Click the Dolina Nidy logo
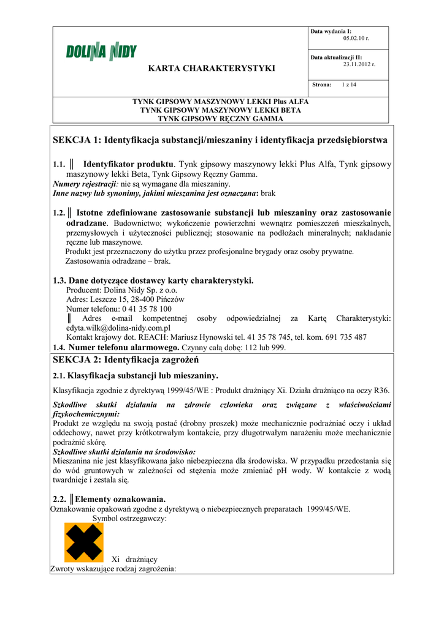pyautogui.click(x=101, y=53)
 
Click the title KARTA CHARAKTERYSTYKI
pyautogui.click(x=212, y=68)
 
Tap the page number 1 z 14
pyautogui.click(x=349, y=84)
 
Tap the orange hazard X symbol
pyautogui.click(x=84, y=543)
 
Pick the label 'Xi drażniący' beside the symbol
pyautogui.click(x=134, y=560)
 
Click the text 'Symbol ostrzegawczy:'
pyautogui.click(x=129, y=518)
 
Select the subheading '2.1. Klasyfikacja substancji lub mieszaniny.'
pyautogui.click(x=136, y=375)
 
